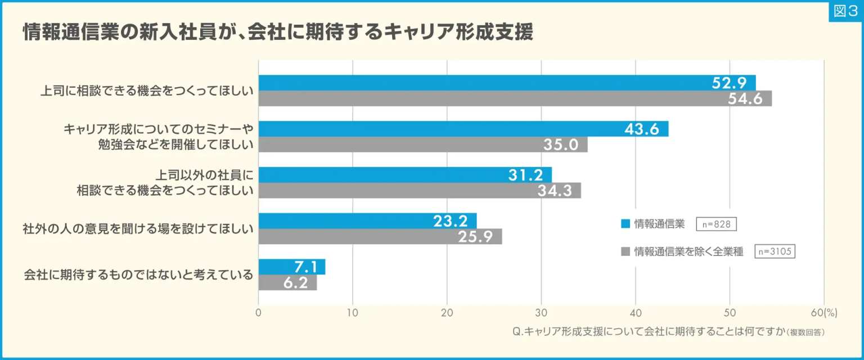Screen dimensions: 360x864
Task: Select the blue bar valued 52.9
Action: coord(506,83)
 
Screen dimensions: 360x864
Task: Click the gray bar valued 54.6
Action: coord(515,98)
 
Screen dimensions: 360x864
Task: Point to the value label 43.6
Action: coord(641,129)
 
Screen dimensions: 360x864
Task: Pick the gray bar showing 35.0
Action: coord(422,145)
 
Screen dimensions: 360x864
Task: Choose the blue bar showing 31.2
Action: coord(405,175)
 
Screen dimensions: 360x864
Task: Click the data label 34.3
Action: coord(555,191)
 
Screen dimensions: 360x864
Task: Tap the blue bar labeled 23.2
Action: coord(367,221)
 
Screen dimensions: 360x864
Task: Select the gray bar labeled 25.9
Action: coord(380,237)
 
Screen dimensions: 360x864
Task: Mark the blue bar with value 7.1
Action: coord(291,267)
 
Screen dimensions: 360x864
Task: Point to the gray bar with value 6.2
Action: coord(287,283)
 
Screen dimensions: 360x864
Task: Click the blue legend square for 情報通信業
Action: coord(625,224)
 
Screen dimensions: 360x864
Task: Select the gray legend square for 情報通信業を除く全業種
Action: coord(625,252)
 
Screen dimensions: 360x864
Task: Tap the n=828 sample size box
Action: coord(716,224)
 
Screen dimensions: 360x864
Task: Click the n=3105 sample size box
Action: coord(775,252)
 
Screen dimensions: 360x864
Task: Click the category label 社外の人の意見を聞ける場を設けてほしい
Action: coord(137,229)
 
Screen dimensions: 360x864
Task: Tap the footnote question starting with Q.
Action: coord(669,332)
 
